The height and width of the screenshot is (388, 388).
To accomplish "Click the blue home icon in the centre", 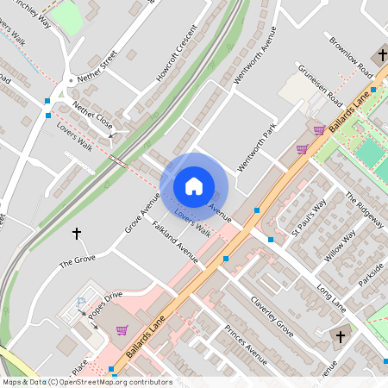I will point(194,185).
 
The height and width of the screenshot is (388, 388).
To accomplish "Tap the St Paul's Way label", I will point(308,219).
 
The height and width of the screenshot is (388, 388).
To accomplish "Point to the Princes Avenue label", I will point(246,344).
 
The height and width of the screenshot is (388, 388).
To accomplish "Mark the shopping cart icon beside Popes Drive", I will point(122,330).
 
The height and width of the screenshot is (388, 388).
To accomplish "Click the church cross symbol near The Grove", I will point(77,233).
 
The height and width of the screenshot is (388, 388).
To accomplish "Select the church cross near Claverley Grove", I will point(339,335).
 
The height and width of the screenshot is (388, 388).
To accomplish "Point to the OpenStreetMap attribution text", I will point(86,381).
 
